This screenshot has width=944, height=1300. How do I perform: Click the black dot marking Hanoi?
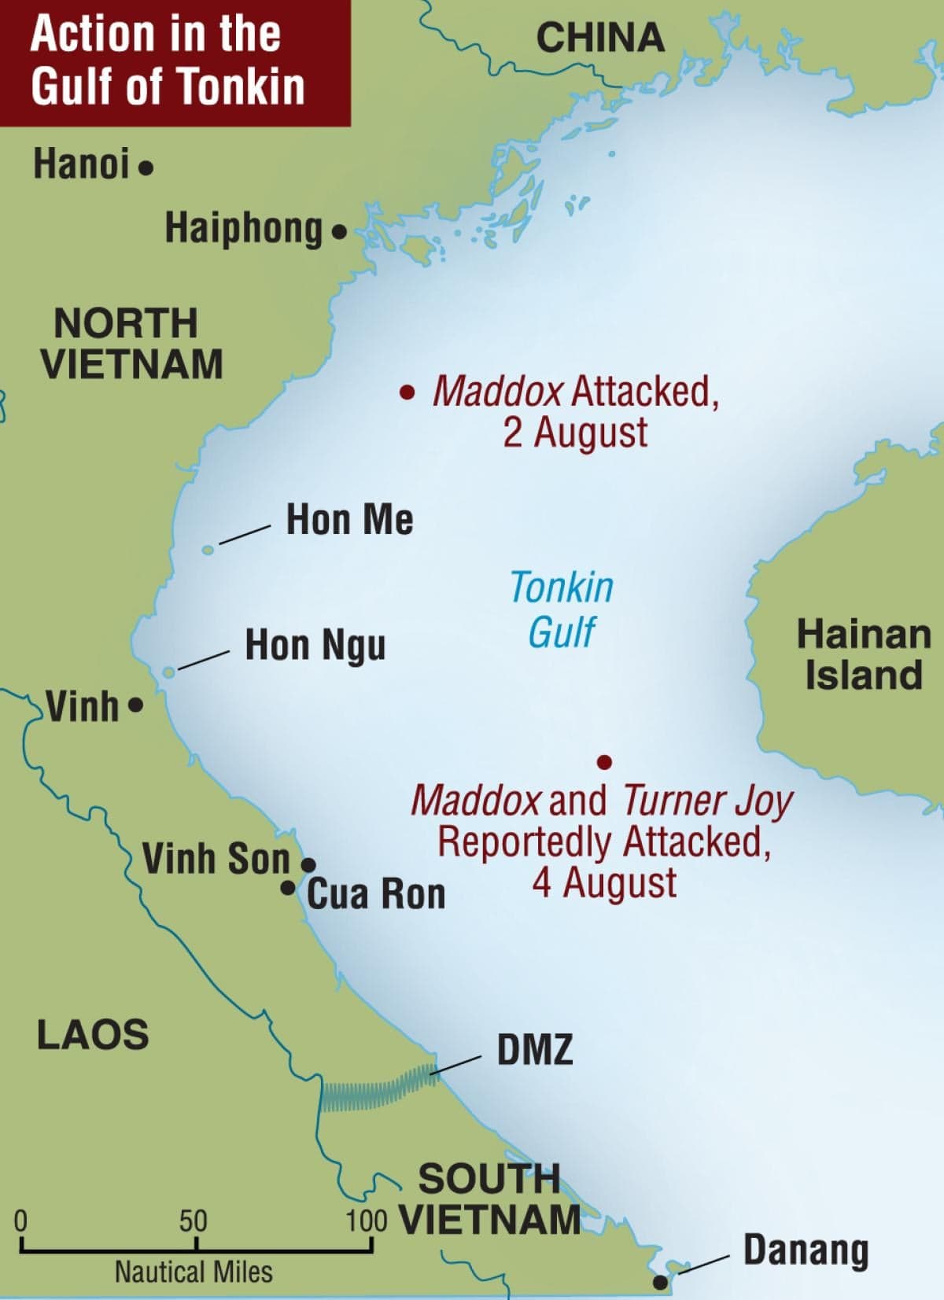click(x=146, y=168)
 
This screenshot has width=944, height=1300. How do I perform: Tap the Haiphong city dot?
click(x=339, y=232)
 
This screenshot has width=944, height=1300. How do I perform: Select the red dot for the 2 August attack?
click(x=407, y=392)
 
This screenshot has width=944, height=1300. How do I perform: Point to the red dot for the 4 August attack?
click(x=604, y=761)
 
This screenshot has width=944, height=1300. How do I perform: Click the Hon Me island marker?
click(x=208, y=550)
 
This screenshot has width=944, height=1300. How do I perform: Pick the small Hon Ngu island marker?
click(x=168, y=672)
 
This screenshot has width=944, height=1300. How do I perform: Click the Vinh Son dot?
click(x=309, y=865)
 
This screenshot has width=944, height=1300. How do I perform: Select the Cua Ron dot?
click(x=289, y=888)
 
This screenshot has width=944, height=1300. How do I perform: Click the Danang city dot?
click(x=661, y=1282)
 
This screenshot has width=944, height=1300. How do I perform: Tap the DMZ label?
click(x=535, y=1050)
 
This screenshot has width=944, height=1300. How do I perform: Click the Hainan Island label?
click(x=863, y=655)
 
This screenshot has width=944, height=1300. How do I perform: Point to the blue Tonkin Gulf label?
click(x=561, y=609)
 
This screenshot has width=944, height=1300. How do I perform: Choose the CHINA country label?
click(x=599, y=38)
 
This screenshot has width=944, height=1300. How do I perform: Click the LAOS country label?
click(x=93, y=1034)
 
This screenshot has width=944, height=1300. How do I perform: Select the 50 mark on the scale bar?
click(x=194, y=1221)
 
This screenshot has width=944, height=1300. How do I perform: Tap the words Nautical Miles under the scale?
click(x=194, y=1272)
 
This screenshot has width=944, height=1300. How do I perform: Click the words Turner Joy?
click(x=706, y=801)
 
